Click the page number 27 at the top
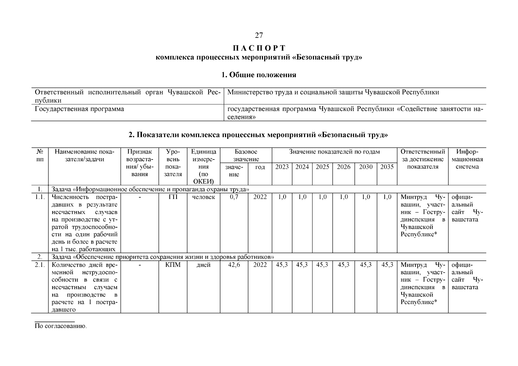pos(259,36)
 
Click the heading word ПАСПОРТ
pos(259,48)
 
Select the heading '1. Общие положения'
pos(259,75)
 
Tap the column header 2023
pos(282,167)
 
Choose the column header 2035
pos(387,167)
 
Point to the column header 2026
pos(343,167)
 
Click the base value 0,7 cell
pos(234,197)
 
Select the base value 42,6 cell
pos(234,265)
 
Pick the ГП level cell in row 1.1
pos(173,197)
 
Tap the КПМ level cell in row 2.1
pos(173,265)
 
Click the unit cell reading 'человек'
pos(203,197)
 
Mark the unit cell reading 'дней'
pos(203,265)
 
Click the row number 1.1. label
pos(40,197)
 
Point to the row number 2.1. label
pos(40,265)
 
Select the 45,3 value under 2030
pos(366,265)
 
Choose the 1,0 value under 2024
pos(302,197)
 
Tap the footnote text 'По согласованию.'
pos(61,326)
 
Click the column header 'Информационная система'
pos(467,159)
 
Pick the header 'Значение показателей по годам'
pos(334,152)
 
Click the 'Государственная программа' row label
pos(79,109)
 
